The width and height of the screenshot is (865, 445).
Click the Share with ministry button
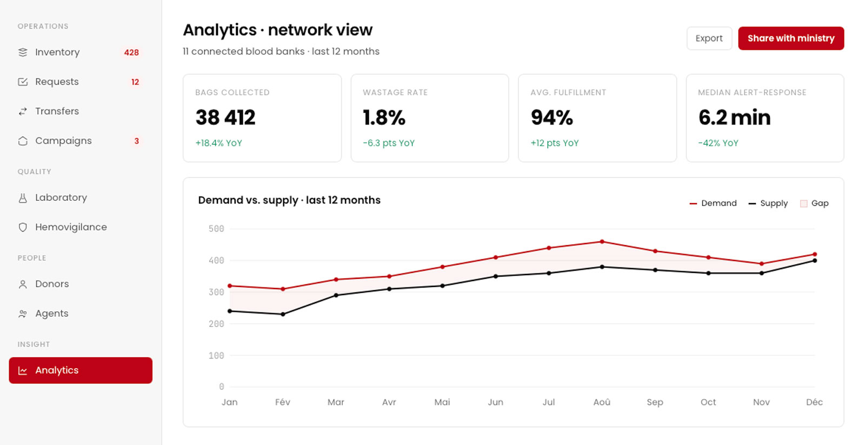point(791,38)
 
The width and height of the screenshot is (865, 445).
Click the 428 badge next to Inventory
point(131,53)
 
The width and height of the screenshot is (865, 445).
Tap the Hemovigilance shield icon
point(23,227)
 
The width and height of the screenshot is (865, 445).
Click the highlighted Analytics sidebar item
point(81,370)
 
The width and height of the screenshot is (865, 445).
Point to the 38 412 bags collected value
point(225,117)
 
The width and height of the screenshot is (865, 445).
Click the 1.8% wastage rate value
point(384,117)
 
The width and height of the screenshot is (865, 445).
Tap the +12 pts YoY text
point(555,143)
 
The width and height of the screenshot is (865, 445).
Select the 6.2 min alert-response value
point(735,117)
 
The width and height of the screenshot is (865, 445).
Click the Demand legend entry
point(713,204)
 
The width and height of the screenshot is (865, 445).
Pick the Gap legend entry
point(814,204)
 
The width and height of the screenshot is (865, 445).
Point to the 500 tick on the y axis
point(216,229)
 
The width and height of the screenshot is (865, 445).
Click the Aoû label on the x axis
point(602,402)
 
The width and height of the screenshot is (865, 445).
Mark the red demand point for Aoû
point(602,241)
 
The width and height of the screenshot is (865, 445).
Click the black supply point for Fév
point(283,315)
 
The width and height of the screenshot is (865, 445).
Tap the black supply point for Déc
point(815,260)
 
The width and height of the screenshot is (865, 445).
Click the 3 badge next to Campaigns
point(136,141)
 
